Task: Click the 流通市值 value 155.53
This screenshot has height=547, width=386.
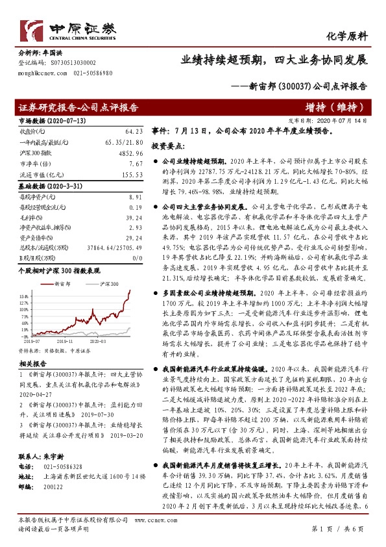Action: tap(132, 175)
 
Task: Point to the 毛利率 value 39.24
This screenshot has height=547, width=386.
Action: tap(134, 218)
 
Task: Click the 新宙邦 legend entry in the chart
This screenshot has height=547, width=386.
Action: tap(60, 285)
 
